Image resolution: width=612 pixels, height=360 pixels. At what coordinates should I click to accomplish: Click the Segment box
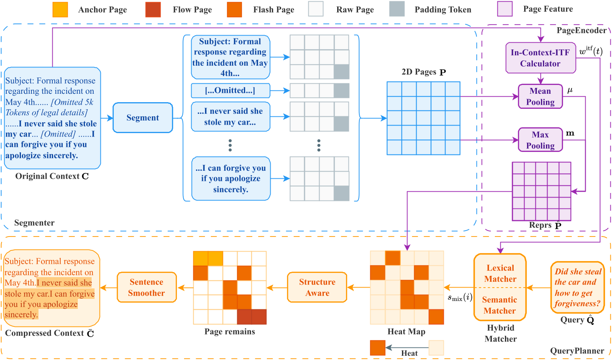point(143,118)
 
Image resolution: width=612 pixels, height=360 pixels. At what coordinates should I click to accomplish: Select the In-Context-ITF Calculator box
point(540,58)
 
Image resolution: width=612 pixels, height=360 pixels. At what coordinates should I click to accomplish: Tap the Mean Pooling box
point(540,96)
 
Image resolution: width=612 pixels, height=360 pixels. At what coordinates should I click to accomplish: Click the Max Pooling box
point(540,140)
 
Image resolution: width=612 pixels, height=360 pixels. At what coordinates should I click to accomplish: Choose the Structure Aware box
point(317,287)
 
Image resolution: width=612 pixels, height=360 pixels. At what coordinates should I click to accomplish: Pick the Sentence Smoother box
point(146,287)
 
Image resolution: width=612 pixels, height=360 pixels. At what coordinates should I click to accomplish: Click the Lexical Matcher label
point(500,273)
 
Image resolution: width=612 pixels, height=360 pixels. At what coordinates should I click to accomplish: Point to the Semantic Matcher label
point(499,305)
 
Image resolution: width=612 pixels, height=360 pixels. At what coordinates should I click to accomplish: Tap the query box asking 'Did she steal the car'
point(578,287)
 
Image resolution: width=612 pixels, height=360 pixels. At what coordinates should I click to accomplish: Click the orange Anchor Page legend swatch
point(60,9)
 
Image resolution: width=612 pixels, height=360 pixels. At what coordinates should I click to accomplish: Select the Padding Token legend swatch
point(397,9)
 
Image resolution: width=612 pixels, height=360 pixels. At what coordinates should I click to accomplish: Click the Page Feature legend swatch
point(505,9)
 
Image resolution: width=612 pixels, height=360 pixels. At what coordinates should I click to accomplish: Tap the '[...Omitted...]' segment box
point(230,90)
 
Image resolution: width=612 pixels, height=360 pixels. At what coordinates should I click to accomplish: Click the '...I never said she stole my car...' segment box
point(230,117)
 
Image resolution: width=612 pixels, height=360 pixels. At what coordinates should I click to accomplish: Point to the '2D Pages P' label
point(423,72)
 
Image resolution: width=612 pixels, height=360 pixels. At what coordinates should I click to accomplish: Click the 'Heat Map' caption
point(406,332)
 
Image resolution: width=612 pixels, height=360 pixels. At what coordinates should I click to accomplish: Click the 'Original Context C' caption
point(52,176)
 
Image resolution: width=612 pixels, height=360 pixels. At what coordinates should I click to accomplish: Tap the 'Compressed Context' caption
point(49,333)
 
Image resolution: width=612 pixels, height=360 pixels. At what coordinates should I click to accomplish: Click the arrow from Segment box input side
point(107,118)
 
